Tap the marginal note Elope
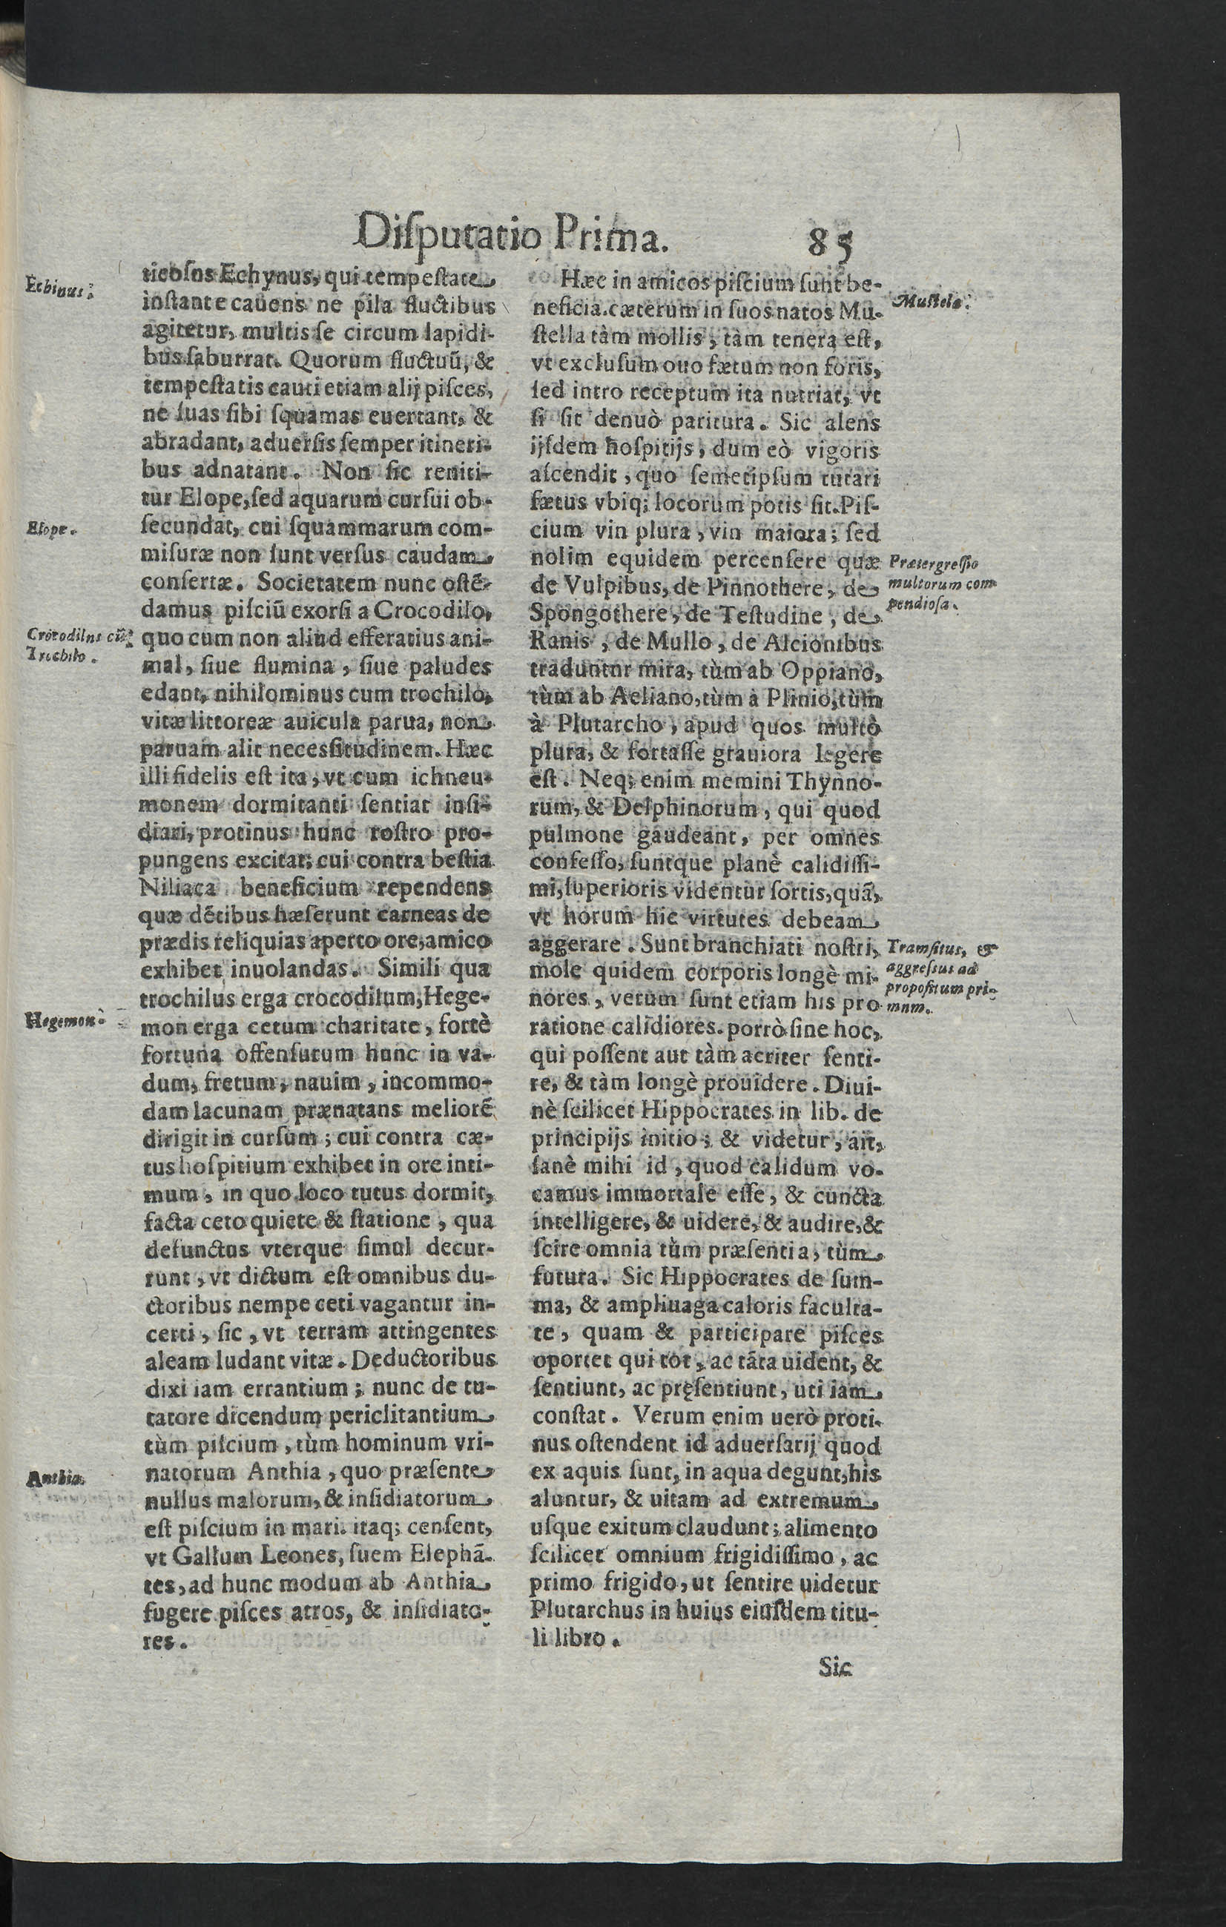(50, 529)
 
